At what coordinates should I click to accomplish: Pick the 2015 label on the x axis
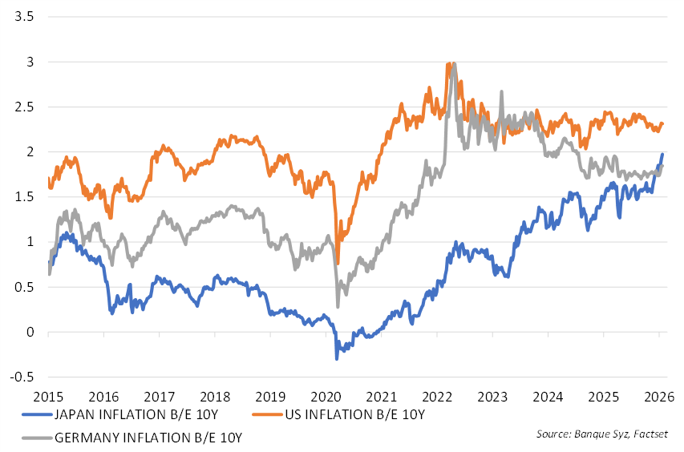(47, 397)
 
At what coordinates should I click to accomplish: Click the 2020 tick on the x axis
(328, 397)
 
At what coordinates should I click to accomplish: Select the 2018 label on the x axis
(216, 397)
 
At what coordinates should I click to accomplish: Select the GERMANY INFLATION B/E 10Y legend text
(148, 438)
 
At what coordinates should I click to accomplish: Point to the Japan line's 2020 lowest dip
(337, 358)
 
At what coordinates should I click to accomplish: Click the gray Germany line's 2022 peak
(454, 64)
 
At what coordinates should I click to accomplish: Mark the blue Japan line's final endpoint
(662, 154)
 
